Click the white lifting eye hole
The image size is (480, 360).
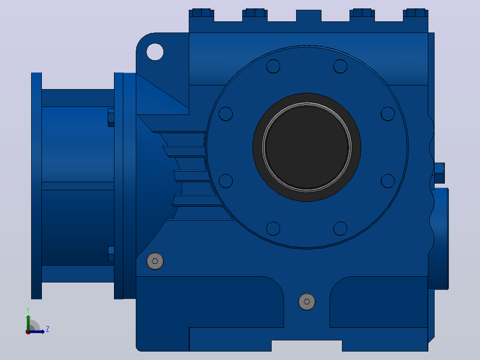[155, 52]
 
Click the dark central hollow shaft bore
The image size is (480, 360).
[307, 147]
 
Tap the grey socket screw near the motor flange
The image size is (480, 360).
[155, 261]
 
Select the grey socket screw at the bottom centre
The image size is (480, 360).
[307, 302]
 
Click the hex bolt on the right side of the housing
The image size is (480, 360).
[439, 173]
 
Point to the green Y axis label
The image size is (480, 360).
[28, 310]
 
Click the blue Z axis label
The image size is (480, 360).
[48, 329]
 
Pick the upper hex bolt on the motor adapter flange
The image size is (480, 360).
[111, 117]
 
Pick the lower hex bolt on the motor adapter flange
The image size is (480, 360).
[111, 254]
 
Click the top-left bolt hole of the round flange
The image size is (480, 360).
[273, 66]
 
